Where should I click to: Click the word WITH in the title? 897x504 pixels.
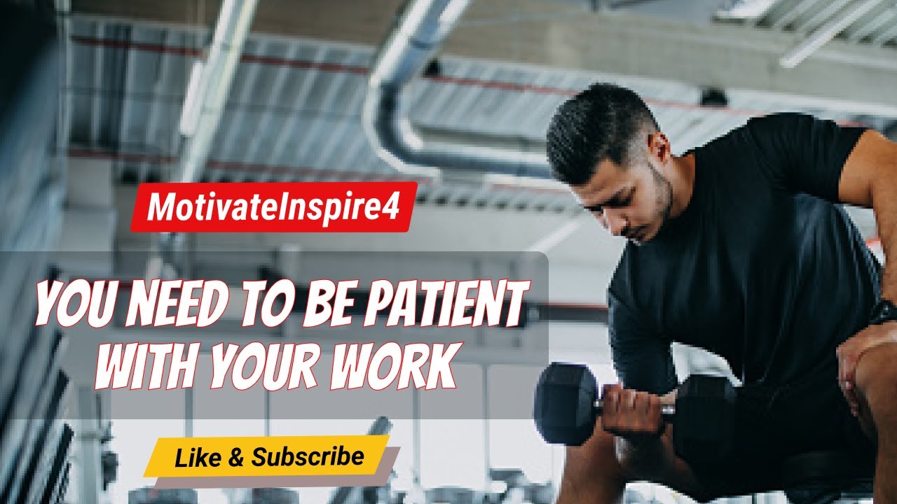(x=149, y=362)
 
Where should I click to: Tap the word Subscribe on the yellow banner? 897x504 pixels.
(x=308, y=457)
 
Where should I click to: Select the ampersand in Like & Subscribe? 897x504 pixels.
(x=236, y=458)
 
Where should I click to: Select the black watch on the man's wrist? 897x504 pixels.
(x=884, y=311)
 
